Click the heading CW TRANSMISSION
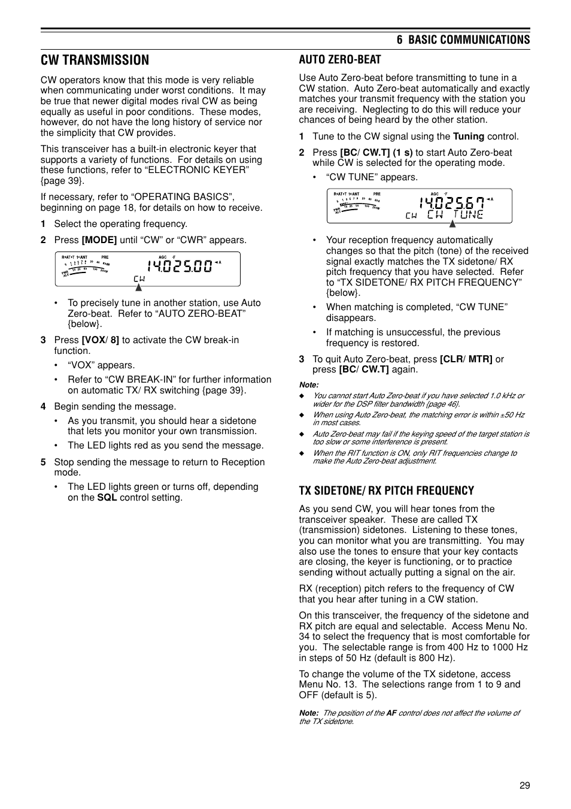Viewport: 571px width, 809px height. [95, 60]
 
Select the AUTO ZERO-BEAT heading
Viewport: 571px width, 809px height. [339, 59]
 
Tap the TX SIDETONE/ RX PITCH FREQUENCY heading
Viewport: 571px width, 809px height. [386, 490]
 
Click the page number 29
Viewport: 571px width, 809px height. [524, 786]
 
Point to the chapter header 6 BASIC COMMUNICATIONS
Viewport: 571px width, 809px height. [463, 40]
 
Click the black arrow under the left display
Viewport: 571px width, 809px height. [138, 287]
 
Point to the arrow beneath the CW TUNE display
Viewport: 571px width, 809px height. [452, 224]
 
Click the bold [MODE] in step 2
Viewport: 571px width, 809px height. [99, 240]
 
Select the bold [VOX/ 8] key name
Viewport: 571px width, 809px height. [100, 340]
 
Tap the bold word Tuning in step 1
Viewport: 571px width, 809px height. [468, 137]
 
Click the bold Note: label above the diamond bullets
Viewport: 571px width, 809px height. [309, 385]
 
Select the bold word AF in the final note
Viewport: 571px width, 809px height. [391, 713]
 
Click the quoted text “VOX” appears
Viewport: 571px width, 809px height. [101, 365]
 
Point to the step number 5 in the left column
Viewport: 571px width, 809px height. [43, 462]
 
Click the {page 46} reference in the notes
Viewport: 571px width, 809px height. [443, 404]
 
